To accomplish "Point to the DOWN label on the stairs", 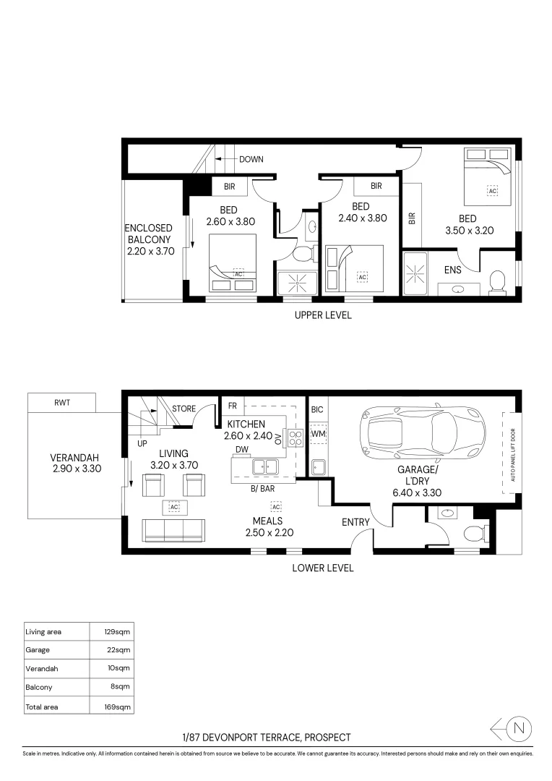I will click(x=251, y=159).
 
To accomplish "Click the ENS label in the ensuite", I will click(x=453, y=270).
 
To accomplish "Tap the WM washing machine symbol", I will click(x=319, y=434).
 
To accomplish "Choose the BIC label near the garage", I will click(x=317, y=409).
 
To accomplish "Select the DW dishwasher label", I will click(x=242, y=450).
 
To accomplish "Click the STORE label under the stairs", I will click(x=184, y=409).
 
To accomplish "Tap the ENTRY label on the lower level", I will click(x=355, y=522).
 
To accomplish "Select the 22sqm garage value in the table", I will click(x=118, y=650).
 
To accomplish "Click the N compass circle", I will click(x=519, y=730).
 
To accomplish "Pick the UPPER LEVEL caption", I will click(x=323, y=315).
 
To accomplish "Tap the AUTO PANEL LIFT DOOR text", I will click(x=513, y=452).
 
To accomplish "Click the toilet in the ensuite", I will click(x=498, y=281).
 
